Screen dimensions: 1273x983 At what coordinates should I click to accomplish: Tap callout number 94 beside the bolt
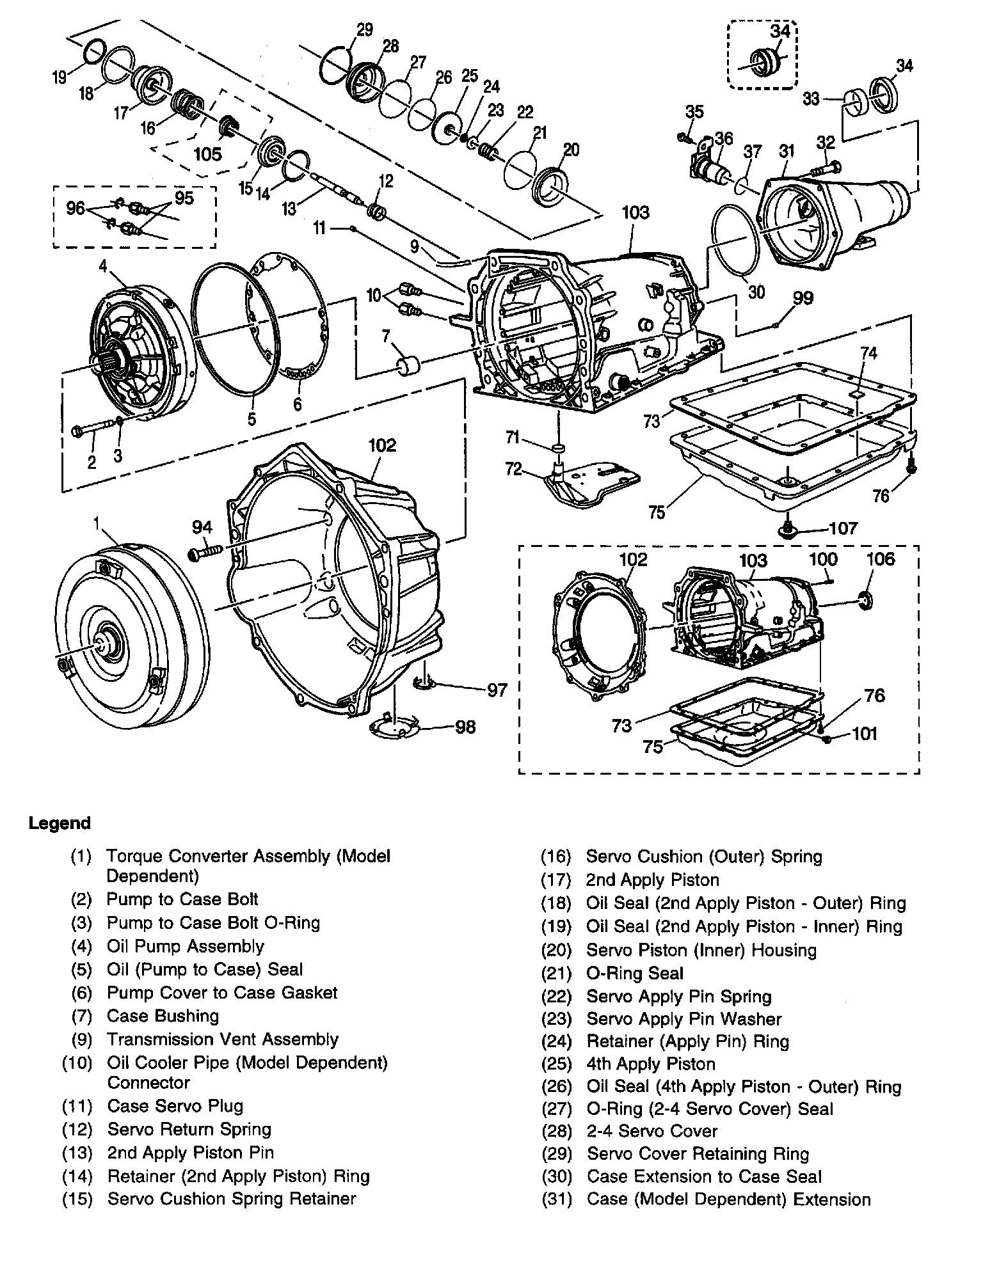tap(202, 527)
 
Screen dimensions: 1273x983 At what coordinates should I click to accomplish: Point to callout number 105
tap(208, 154)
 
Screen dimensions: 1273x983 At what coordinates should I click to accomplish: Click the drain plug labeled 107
tap(787, 528)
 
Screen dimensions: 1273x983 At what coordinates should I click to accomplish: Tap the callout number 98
tap(465, 727)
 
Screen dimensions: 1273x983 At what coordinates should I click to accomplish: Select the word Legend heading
tap(60, 823)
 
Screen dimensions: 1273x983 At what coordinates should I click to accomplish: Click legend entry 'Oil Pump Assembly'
tap(185, 946)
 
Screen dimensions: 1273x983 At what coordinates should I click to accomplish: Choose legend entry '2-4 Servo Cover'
tap(652, 1131)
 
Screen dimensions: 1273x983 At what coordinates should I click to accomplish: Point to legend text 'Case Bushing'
tap(163, 1016)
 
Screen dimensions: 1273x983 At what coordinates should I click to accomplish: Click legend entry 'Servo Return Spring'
tap(189, 1129)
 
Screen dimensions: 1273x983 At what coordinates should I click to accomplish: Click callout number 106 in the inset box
tap(881, 560)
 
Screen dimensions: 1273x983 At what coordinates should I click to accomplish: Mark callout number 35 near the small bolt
tap(694, 112)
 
